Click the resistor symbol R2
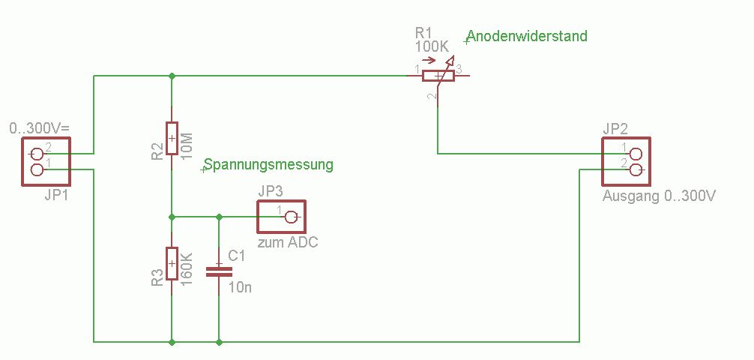click(172, 138)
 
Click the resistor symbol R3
click(172, 264)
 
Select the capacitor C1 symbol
click(219, 270)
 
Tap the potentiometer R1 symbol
click(438, 75)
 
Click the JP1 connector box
click(46, 161)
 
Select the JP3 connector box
click(282, 217)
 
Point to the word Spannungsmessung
click(268, 164)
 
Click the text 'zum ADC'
click(288, 243)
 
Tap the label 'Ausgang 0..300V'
click(660, 197)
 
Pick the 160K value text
click(188, 267)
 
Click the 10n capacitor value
click(241, 287)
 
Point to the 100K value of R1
click(432, 46)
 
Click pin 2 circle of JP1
click(37, 154)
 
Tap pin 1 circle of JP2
click(636, 154)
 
